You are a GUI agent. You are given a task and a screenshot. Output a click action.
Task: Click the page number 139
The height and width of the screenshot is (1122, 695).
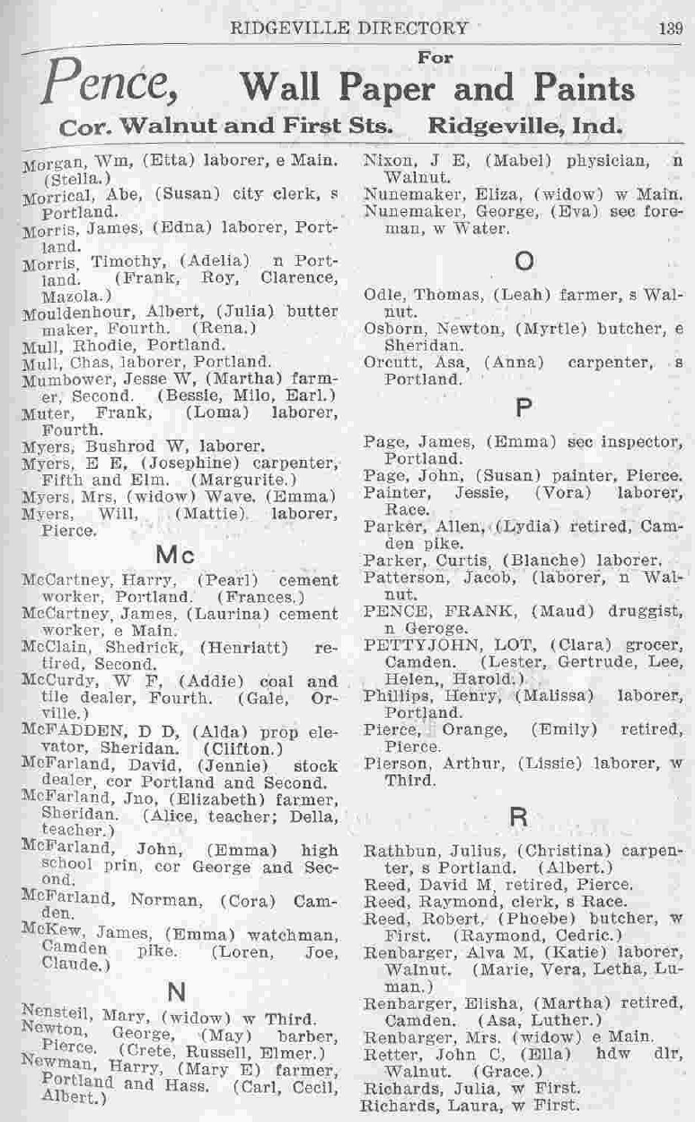(670, 27)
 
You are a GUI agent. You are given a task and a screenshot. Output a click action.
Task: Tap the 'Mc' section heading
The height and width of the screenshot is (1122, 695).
(174, 555)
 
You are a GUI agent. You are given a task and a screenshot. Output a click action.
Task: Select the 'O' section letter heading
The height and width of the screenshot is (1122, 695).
(524, 261)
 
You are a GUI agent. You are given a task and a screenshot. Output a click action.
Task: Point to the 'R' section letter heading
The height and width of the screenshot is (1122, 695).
(519, 817)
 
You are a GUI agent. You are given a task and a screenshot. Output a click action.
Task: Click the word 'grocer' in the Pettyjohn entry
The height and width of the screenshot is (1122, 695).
(650, 645)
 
